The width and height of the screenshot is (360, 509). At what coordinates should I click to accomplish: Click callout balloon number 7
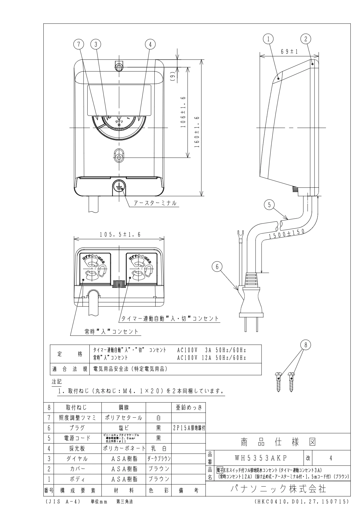tap(79, 44)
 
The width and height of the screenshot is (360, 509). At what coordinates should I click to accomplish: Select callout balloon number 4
tap(150, 44)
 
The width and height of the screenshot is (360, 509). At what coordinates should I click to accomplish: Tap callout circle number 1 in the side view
tap(268, 38)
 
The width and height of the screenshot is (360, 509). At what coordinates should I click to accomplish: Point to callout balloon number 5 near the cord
tap(269, 205)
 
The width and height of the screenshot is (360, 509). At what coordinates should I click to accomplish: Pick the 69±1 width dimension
tap(289, 52)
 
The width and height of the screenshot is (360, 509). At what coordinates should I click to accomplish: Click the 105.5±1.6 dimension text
tap(120, 235)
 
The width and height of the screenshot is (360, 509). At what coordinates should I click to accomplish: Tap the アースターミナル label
tap(155, 203)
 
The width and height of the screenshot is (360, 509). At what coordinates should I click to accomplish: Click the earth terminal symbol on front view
tap(119, 188)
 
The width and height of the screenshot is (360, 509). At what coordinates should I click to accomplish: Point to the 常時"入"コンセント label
tap(111, 332)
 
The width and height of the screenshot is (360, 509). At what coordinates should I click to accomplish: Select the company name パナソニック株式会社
tap(278, 489)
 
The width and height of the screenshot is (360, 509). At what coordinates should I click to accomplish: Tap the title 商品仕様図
tap(278, 442)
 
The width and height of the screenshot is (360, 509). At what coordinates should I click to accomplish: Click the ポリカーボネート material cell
tap(124, 448)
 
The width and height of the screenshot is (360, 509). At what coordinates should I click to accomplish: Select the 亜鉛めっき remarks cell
tap(188, 408)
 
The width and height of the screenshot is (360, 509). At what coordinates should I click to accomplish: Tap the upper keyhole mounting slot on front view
tap(119, 66)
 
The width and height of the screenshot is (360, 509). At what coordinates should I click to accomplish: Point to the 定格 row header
tap(70, 354)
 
